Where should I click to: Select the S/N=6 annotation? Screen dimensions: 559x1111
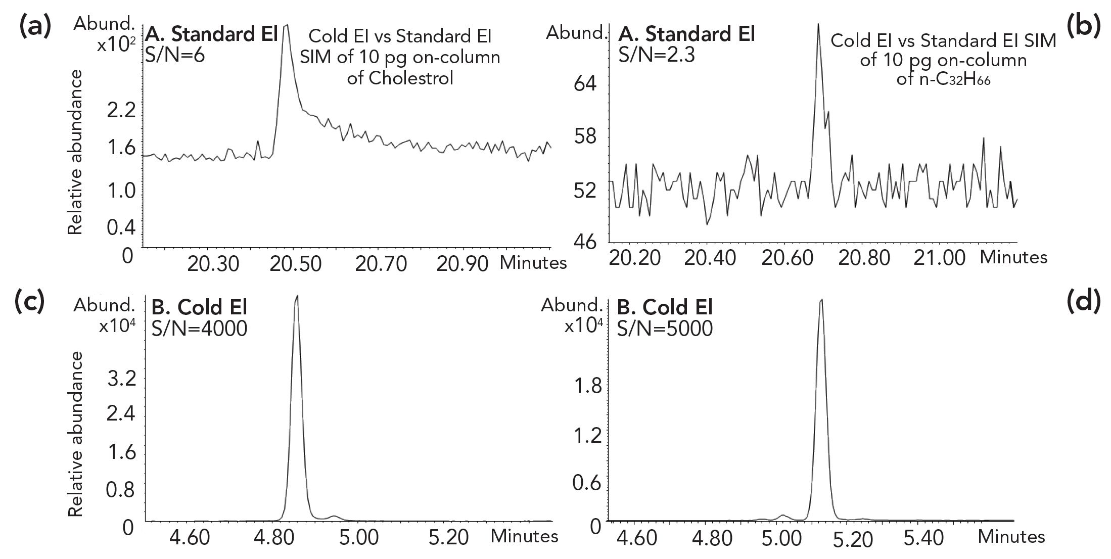click(175, 55)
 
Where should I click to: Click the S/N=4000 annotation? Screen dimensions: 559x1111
click(199, 329)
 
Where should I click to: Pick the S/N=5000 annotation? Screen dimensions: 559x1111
click(665, 329)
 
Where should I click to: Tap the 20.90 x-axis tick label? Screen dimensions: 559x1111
click(462, 264)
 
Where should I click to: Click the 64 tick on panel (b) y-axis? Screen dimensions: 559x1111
click(585, 83)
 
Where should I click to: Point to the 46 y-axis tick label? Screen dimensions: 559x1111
click(585, 241)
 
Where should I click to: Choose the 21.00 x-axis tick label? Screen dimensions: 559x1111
click(940, 258)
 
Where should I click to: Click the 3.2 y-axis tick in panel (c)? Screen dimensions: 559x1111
click(121, 379)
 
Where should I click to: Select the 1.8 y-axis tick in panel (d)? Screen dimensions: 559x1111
click(587, 387)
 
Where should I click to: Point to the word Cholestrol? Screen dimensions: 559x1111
click(400, 78)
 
